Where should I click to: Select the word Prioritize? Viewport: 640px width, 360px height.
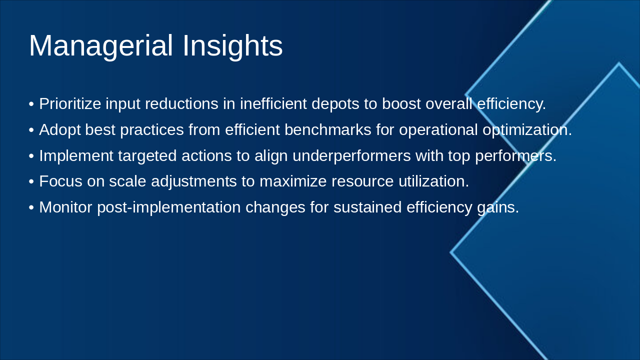pos(70,103)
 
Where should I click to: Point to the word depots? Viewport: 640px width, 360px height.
pos(335,104)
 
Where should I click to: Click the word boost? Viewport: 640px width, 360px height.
pos(401,103)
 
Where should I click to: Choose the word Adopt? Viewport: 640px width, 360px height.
pos(59,130)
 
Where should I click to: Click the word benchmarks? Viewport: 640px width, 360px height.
pos(327,129)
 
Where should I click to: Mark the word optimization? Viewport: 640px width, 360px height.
pos(527,130)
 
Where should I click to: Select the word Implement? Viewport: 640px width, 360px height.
pos(76,156)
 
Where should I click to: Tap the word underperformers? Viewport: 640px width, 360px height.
pos(351,156)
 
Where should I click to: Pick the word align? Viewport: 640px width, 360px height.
pos(271,156)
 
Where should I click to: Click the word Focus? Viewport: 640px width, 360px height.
pos(61,181)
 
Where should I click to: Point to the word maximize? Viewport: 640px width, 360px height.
pos(293,181)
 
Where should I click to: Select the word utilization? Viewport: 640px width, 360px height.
pos(433,181)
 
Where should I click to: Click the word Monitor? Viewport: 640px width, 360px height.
pos(65,207)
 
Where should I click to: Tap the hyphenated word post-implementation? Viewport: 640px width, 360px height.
pos(169,207)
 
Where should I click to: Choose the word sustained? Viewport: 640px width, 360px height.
pos(367,207)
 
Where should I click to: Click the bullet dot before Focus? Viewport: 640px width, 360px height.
pos(31,181)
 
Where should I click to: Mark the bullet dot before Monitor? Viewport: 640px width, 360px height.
pos(31,207)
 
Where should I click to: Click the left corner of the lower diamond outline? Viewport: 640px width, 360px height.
pos(450,252)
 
